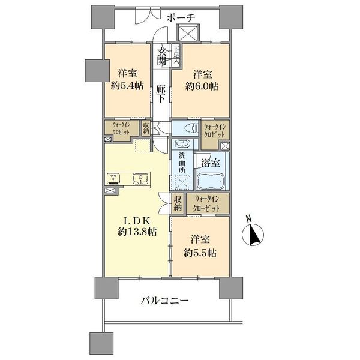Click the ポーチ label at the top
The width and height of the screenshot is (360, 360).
181,17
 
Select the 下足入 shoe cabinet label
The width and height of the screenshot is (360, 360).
176,55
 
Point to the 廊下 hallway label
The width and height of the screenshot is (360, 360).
161,94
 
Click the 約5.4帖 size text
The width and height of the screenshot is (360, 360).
127,86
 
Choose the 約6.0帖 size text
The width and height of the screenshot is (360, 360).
202,86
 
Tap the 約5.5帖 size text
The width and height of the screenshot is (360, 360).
200,253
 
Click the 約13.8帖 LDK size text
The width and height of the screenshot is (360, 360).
137,232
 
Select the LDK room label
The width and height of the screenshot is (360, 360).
137,221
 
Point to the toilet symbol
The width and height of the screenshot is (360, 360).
192,128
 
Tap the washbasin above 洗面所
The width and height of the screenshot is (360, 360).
182,144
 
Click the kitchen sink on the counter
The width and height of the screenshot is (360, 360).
140,179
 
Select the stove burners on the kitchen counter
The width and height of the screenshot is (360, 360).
113,179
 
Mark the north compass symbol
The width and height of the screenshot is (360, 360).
253,235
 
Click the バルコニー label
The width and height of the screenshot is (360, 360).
164,301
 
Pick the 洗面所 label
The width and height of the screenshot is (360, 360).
182,163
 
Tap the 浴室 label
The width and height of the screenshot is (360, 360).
211,163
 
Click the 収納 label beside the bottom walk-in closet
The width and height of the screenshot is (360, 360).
178,203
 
